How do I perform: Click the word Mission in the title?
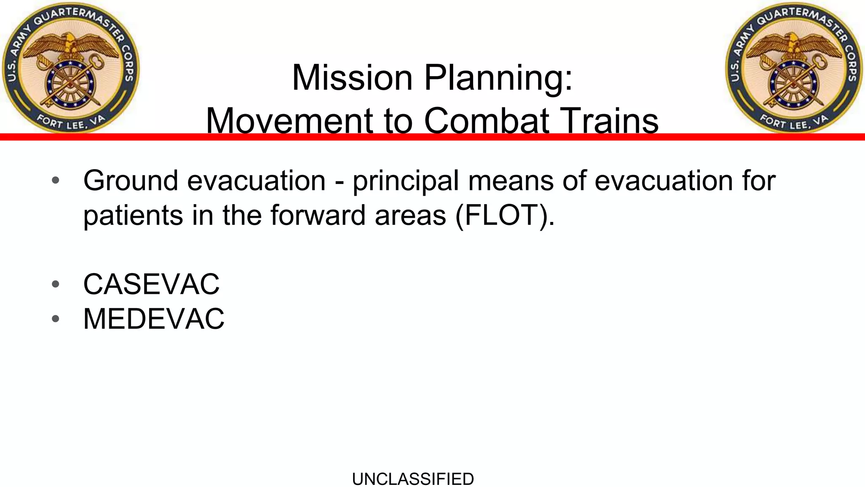coord(352,78)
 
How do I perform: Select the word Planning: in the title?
coord(498,79)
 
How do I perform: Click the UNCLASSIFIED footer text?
coord(413,479)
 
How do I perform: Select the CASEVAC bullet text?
coord(151,284)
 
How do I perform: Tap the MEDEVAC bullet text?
coord(154,319)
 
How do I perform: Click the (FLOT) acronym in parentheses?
coord(505,216)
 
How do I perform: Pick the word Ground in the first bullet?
coord(131,181)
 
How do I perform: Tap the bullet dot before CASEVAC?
coord(55,284)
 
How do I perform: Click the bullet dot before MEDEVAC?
coord(55,319)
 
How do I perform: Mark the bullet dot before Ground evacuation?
coord(55,181)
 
